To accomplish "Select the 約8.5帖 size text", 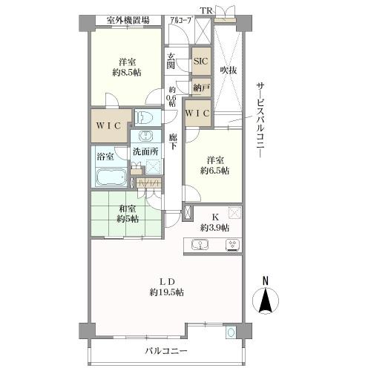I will tap(127, 72).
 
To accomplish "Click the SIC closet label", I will tap(200, 62).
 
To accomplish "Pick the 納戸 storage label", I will tap(200, 88).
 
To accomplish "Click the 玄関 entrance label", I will tap(171, 61).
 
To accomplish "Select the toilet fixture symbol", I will tap(145, 117).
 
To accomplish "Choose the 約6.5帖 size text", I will tap(214, 170).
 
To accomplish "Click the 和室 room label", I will tap(128, 209).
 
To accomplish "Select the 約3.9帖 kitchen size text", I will tap(215, 228).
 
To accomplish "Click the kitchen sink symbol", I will tap(201, 245).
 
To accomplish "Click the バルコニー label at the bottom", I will tap(165, 350).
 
